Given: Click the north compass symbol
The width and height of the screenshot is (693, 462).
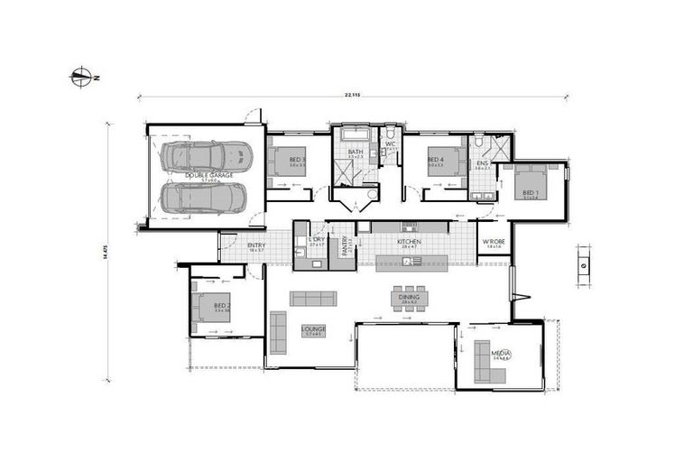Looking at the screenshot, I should tap(82, 78).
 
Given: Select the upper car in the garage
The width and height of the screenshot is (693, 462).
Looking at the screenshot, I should tap(207, 156).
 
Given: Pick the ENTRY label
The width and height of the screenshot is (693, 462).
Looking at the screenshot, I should tap(256, 245).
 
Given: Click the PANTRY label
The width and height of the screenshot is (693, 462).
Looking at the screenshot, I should tap(345, 245).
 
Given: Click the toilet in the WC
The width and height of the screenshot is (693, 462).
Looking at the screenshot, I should tap(391, 153).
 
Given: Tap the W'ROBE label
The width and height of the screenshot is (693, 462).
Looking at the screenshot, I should tap(492, 243).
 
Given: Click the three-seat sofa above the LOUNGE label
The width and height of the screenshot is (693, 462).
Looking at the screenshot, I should tap(313, 299).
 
